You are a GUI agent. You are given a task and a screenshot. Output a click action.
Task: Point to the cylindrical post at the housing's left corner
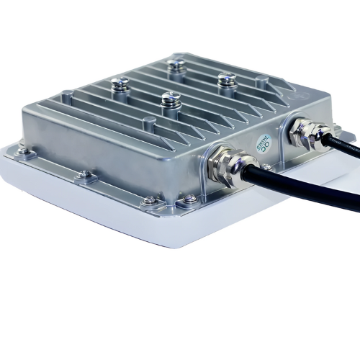(66, 93)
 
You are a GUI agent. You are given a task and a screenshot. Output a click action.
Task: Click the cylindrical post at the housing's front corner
(149, 123)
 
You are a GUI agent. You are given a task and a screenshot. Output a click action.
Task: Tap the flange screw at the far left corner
(22, 150)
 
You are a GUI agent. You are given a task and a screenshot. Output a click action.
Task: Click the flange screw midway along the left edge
(85, 174)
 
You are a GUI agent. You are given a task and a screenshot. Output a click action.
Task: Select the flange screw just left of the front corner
(149, 201)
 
